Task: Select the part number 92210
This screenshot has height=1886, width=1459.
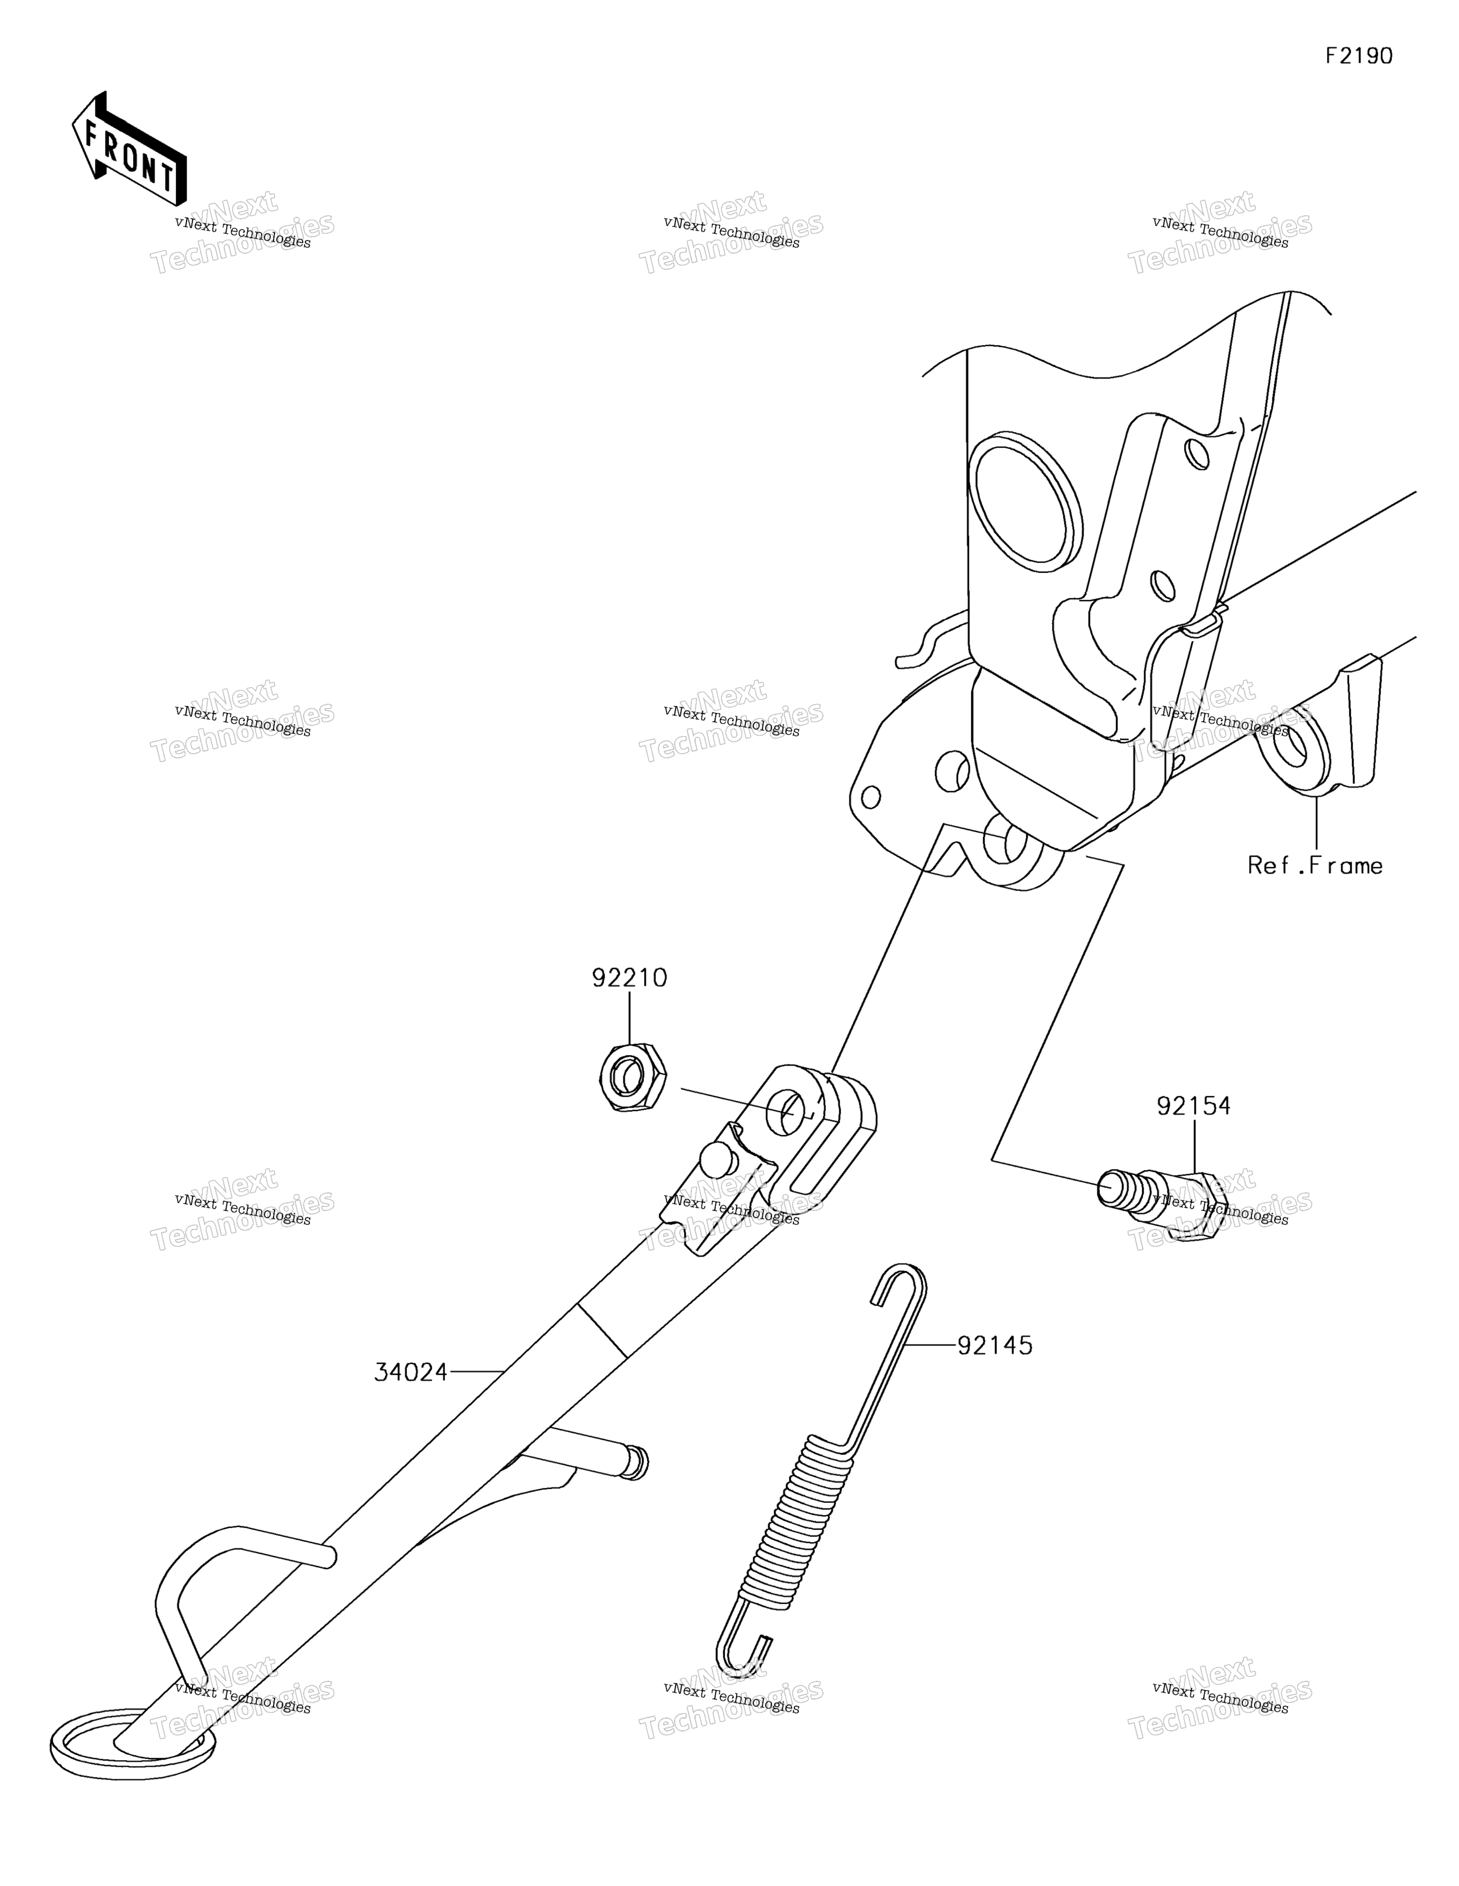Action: click(629, 978)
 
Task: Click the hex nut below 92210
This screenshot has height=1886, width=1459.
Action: click(633, 1077)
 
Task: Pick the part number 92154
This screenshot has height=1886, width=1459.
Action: click(1194, 1106)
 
